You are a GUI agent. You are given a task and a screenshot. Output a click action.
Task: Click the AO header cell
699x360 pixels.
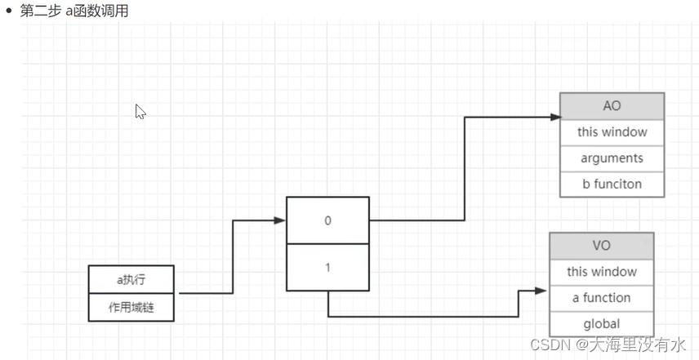click(612, 106)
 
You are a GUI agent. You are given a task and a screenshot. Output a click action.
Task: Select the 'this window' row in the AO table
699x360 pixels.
click(612, 132)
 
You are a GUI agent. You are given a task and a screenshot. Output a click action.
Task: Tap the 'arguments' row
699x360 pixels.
click(612, 158)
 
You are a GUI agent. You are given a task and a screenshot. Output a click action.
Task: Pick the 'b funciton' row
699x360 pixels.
click(612, 184)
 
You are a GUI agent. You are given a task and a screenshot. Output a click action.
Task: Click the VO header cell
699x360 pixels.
click(601, 246)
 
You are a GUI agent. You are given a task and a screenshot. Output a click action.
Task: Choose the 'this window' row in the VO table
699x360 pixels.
click(601, 272)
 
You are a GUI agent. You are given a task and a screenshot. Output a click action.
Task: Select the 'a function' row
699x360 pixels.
click(601, 298)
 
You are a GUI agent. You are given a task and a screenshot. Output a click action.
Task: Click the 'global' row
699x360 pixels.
click(601, 323)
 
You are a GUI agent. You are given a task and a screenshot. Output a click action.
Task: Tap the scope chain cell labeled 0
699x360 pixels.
click(327, 220)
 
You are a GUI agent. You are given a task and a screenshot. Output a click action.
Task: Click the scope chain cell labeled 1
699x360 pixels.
click(327, 267)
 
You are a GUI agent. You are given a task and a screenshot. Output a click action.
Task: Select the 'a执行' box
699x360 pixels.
click(131, 279)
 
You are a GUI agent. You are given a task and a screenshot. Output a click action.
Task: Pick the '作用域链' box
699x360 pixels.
click(131, 307)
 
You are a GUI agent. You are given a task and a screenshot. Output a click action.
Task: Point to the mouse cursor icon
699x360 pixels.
click(140, 112)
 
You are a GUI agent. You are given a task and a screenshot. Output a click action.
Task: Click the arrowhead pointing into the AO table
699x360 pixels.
click(554, 118)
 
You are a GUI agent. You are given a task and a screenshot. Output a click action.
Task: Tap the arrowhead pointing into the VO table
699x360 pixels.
click(541, 291)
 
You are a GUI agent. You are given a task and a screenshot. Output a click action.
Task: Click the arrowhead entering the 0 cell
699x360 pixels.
click(280, 220)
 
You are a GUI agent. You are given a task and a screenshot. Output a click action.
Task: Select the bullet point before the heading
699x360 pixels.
click(9, 11)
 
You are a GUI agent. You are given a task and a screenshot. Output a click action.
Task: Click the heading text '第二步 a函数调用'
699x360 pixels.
click(74, 11)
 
